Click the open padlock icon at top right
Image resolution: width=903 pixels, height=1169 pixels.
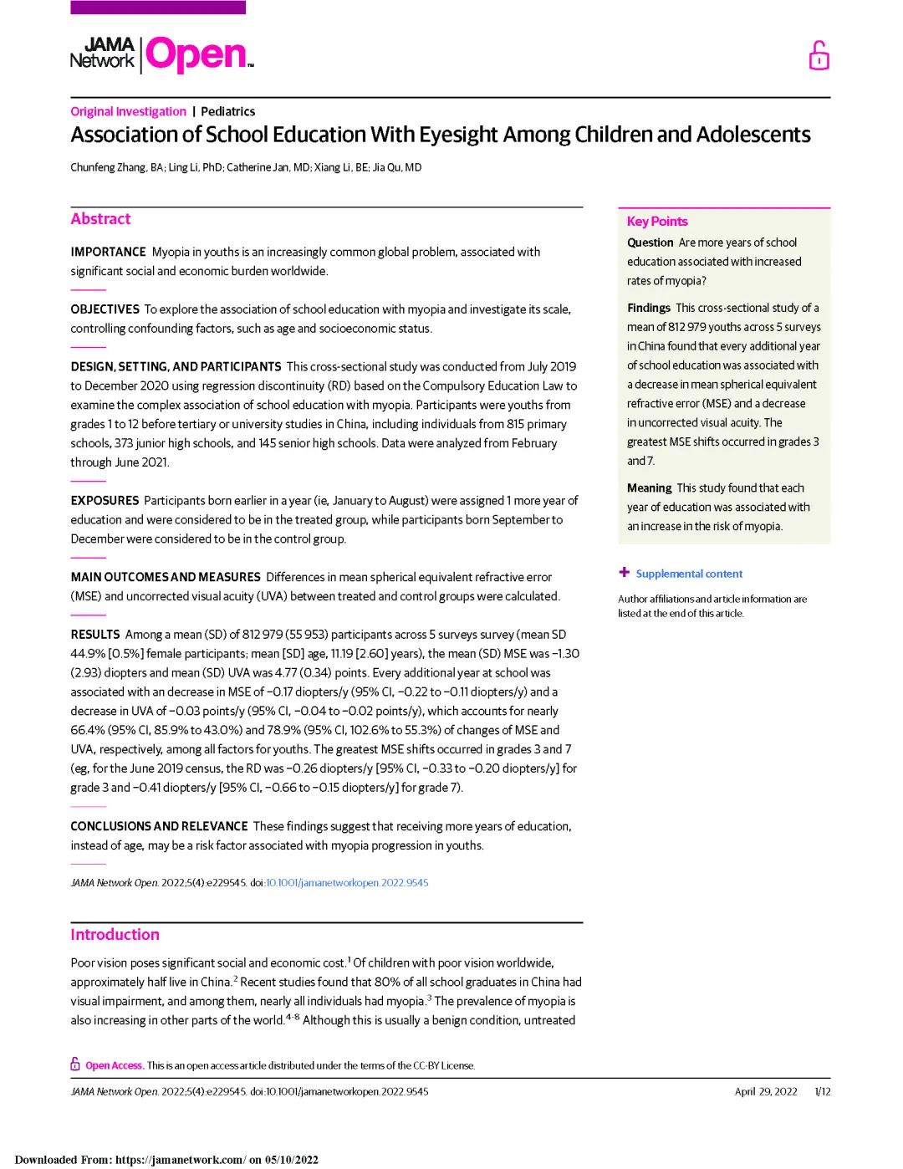point(819,56)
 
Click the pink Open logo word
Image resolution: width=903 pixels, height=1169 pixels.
point(197,54)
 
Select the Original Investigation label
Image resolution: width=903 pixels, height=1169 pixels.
point(128,111)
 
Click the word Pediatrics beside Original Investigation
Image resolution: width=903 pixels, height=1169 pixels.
point(227,111)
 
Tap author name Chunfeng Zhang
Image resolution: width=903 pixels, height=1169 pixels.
point(108,167)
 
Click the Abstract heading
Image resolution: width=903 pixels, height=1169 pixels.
point(100,219)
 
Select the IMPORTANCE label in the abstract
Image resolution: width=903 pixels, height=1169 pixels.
point(108,252)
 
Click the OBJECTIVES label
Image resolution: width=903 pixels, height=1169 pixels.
point(105,309)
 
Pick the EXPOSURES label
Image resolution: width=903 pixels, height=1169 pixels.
point(105,500)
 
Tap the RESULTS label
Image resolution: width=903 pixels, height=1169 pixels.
point(95,634)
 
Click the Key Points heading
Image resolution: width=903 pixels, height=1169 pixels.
point(657,222)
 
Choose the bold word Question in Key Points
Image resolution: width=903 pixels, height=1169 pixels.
point(650,242)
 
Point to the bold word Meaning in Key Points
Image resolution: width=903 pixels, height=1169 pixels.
point(649,488)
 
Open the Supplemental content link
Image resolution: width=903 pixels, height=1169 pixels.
point(689,574)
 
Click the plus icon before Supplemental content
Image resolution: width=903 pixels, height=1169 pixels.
point(624,573)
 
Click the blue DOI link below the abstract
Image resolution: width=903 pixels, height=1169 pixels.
point(347,882)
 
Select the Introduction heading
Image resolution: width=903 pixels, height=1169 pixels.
point(115,935)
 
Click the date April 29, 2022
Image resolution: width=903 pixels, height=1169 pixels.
point(766,1091)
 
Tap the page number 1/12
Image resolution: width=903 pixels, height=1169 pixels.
point(823,1091)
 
